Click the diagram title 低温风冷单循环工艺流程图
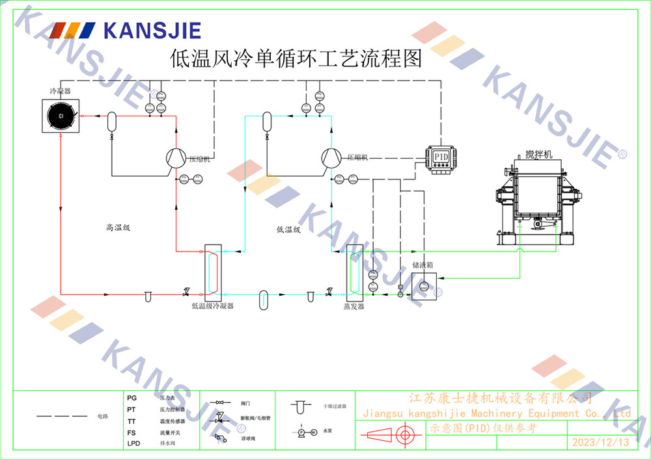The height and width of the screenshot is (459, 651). point(295,59)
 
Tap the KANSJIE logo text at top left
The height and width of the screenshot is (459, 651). point(152,30)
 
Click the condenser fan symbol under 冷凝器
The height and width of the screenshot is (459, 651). point(60,116)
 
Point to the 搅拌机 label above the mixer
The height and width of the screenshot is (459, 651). point(538,154)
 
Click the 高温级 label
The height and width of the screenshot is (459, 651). point(118,228)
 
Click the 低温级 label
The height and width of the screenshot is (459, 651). point(288,229)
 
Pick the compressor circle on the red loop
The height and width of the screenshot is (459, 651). point(176,158)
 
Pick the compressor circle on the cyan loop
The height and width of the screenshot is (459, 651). point(331,158)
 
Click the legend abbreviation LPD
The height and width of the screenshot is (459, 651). point(133,443)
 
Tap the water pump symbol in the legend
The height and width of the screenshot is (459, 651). point(306,432)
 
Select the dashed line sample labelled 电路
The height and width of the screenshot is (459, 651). point(61,415)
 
